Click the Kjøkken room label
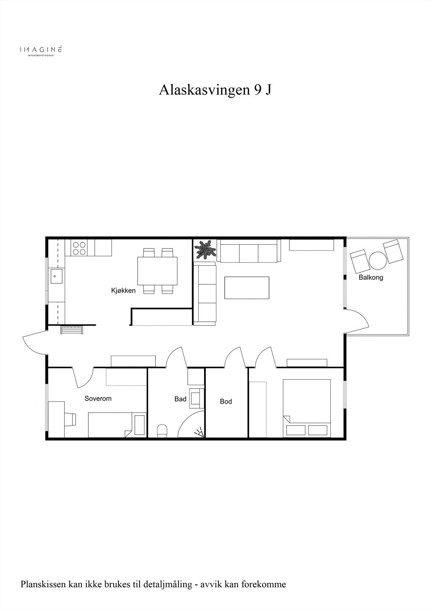[x=123, y=291]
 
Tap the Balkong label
[x=370, y=278]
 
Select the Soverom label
[x=98, y=398]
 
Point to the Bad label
[x=180, y=399]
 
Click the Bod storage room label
[x=226, y=401]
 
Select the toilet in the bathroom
[x=163, y=430]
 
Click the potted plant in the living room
[x=205, y=250]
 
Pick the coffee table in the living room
[x=247, y=287]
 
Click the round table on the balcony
[x=378, y=261]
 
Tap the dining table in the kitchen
[x=158, y=271]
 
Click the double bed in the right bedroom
[x=306, y=408]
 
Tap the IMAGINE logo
[x=41, y=50]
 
